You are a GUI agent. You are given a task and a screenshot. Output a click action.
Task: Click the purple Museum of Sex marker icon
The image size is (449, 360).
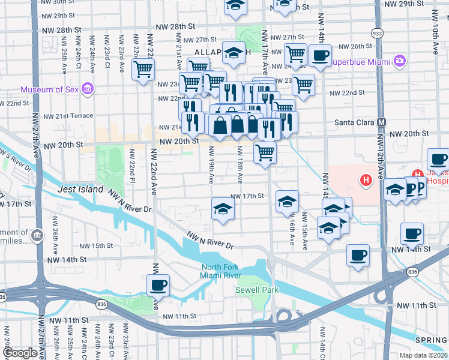(x=88, y=89)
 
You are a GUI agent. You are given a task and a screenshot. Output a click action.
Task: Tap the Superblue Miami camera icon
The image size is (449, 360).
(x=399, y=61)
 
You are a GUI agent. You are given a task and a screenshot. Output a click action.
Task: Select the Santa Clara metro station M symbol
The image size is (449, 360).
(x=381, y=122)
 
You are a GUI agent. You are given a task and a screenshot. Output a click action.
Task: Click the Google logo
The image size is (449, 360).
(x=20, y=353)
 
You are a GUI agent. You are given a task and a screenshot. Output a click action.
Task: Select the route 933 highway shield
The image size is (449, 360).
(x=377, y=33)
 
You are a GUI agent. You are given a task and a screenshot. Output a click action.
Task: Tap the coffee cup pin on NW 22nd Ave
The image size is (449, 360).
(x=158, y=285)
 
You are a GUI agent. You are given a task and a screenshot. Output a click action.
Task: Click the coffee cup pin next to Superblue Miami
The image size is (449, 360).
(x=319, y=56)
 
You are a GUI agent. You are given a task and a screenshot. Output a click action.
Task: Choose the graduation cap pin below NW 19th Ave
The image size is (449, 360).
(x=223, y=209)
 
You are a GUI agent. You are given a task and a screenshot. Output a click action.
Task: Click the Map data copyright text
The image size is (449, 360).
(x=423, y=355)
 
